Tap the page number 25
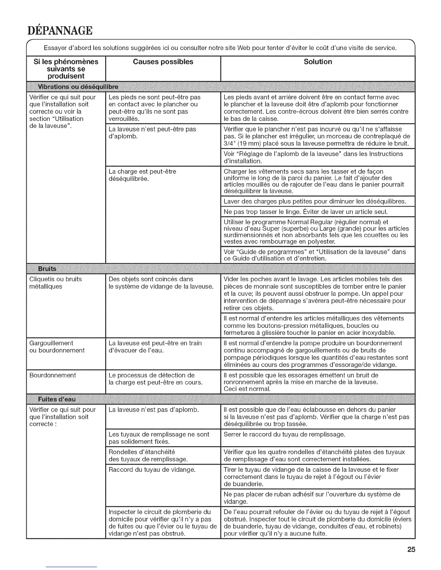pyautogui.click(x=411, y=549)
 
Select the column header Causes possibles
pyautogui.click(x=163, y=62)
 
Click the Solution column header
pyautogui.click(x=317, y=62)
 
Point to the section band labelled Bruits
pyautogui.click(x=47, y=268)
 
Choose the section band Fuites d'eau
pyautogui.click(x=57, y=399)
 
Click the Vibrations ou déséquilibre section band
pyautogui.click(x=78, y=87)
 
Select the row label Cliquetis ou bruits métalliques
pyautogui.click(x=55, y=283)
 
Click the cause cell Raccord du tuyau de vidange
pyautogui.click(x=152, y=470)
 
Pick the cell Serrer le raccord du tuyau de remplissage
pyautogui.click(x=284, y=434)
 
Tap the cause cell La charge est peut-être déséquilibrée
pyautogui.click(x=142, y=175)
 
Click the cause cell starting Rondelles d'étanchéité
pyautogui.click(x=148, y=456)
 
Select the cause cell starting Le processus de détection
pyautogui.click(x=155, y=379)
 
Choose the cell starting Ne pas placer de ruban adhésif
pyautogui.click(x=312, y=498)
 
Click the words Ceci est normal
pyautogui.click(x=247, y=389)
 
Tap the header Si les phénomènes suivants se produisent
pyautogui.click(x=66, y=69)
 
